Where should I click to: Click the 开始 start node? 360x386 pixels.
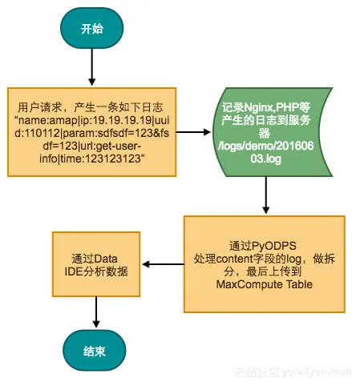click(91, 30)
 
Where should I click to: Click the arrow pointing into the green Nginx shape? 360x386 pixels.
click(200, 131)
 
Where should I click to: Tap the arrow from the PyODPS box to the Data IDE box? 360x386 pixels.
click(164, 264)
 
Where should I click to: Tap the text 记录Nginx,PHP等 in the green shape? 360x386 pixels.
click(265, 104)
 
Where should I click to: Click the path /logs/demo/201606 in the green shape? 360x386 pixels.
click(265, 145)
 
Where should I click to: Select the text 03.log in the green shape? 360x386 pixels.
click(265, 159)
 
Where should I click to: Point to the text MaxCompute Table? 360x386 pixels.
click(265, 285)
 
